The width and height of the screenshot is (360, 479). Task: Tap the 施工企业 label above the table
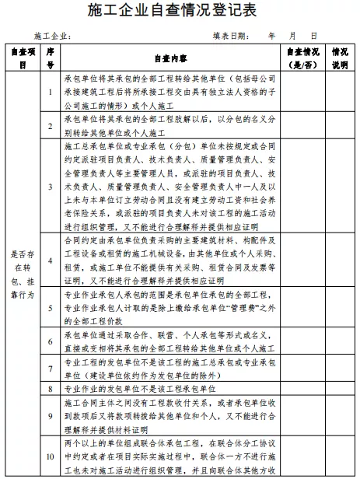pos(53,37)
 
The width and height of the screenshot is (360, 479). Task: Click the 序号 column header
pos(49,59)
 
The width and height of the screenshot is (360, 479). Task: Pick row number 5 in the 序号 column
pos(49,308)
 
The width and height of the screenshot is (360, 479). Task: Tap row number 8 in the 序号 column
pos(49,386)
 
